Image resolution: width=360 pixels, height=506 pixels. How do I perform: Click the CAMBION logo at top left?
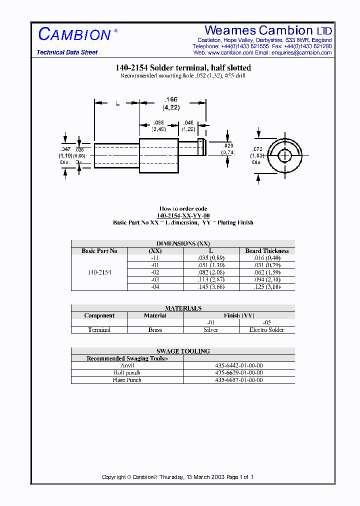(75, 34)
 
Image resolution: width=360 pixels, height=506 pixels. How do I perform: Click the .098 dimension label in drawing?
(158, 125)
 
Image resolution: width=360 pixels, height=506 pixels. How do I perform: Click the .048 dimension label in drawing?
(188, 125)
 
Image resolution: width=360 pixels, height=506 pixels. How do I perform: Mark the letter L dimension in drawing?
(117, 103)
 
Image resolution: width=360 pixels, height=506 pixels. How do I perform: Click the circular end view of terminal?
(284, 155)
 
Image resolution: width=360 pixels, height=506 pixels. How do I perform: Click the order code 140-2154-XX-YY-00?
(182, 215)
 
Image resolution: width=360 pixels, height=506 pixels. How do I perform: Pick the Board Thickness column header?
(266, 251)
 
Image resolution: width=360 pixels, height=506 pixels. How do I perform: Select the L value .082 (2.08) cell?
(210, 272)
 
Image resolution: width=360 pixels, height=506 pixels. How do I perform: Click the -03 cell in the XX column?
(155, 280)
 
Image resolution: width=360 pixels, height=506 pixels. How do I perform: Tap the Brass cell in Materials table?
(155, 330)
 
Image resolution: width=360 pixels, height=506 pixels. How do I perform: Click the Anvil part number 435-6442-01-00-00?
(238, 365)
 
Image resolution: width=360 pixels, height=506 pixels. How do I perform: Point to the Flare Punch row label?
(127, 380)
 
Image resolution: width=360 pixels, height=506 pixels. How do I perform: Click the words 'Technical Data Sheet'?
(67, 52)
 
